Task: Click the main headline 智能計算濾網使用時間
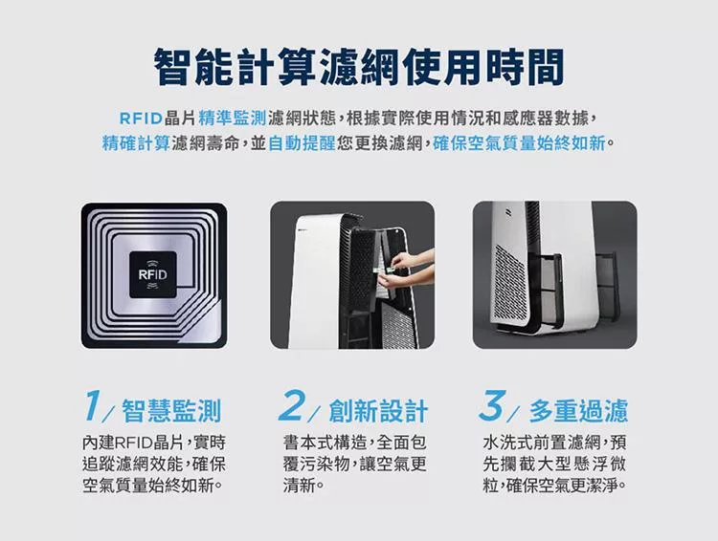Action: pyautogui.click(x=359, y=67)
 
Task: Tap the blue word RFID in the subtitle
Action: pyautogui.click(x=141, y=119)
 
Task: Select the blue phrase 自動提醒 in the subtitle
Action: pyautogui.click(x=302, y=143)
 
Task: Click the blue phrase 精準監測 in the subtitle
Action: pyautogui.click(x=233, y=118)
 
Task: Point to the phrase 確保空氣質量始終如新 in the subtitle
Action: pyautogui.click(x=519, y=143)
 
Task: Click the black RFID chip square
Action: pyautogui.click(x=153, y=274)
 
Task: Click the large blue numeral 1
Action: pyautogui.click(x=93, y=405)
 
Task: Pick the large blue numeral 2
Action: pyautogui.click(x=291, y=405)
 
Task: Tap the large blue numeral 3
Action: pyautogui.click(x=493, y=405)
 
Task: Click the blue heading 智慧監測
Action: pyautogui.click(x=171, y=410)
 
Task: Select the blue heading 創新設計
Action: pyautogui.click(x=378, y=410)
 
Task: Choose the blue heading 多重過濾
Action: pyautogui.click(x=578, y=410)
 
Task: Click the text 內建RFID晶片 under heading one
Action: pyautogui.click(x=131, y=443)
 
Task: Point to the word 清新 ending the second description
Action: pyautogui.click(x=300, y=485)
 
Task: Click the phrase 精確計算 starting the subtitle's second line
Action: pyautogui.click(x=136, y=143)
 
